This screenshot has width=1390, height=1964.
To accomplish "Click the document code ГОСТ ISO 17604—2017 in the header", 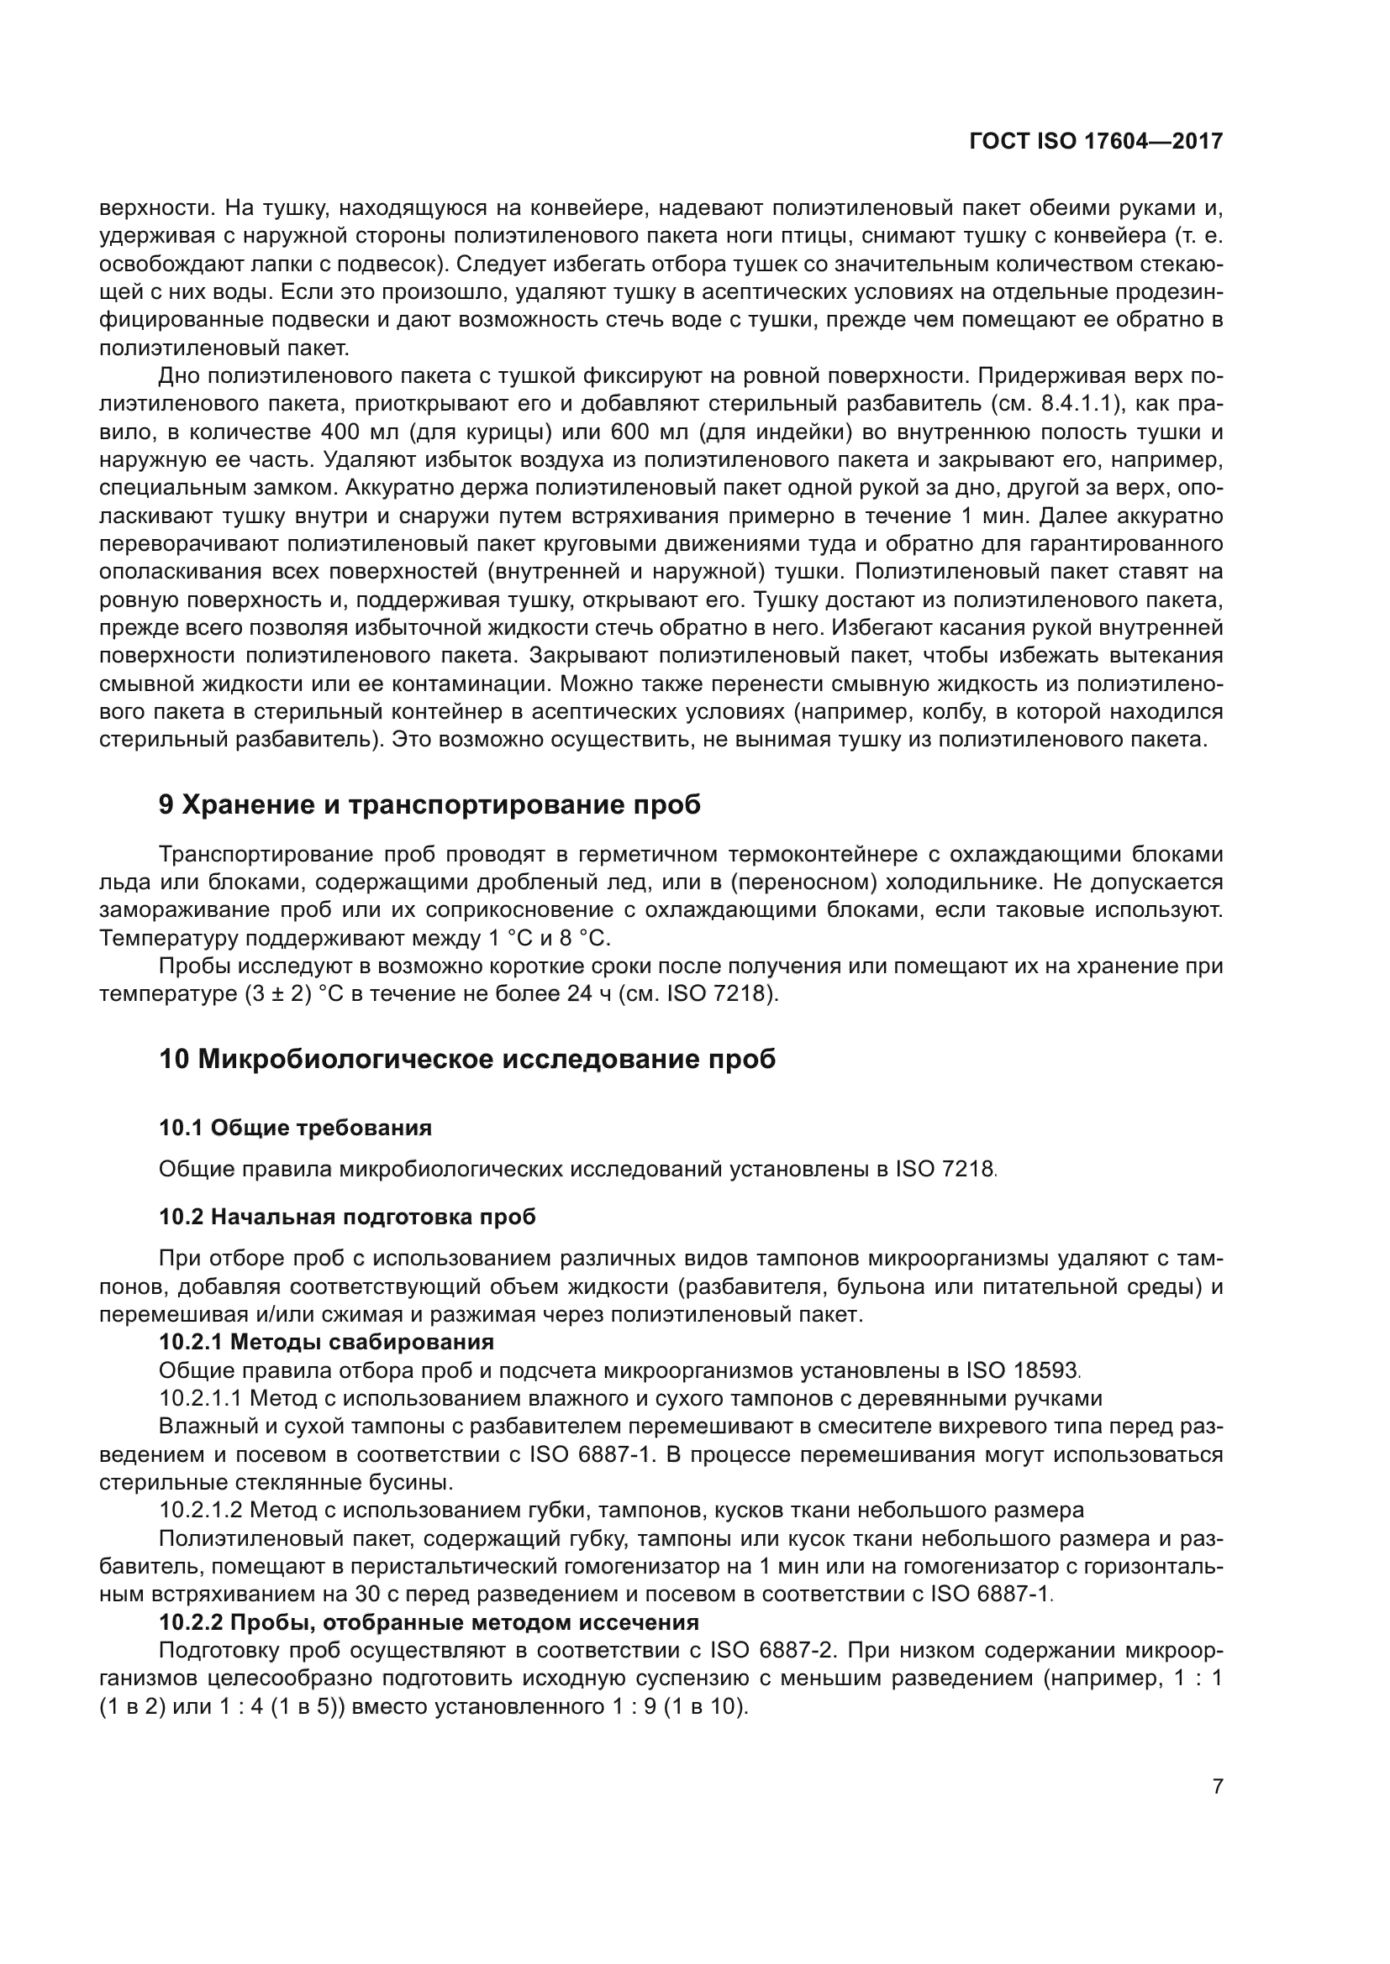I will [x=1096, y=141].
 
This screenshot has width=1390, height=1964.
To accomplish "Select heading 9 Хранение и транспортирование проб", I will [x=429, y=805].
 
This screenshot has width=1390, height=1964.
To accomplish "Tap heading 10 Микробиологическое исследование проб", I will [x=467, y=1059].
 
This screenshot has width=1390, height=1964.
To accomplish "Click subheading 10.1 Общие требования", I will [x=295, y=1128].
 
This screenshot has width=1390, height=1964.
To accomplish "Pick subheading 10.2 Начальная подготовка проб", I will [x=348, y=1217].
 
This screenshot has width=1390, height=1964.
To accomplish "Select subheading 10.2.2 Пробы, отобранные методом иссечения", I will [x=429, y=1622].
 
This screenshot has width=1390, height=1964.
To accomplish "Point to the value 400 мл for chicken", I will [x=358, y=432].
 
